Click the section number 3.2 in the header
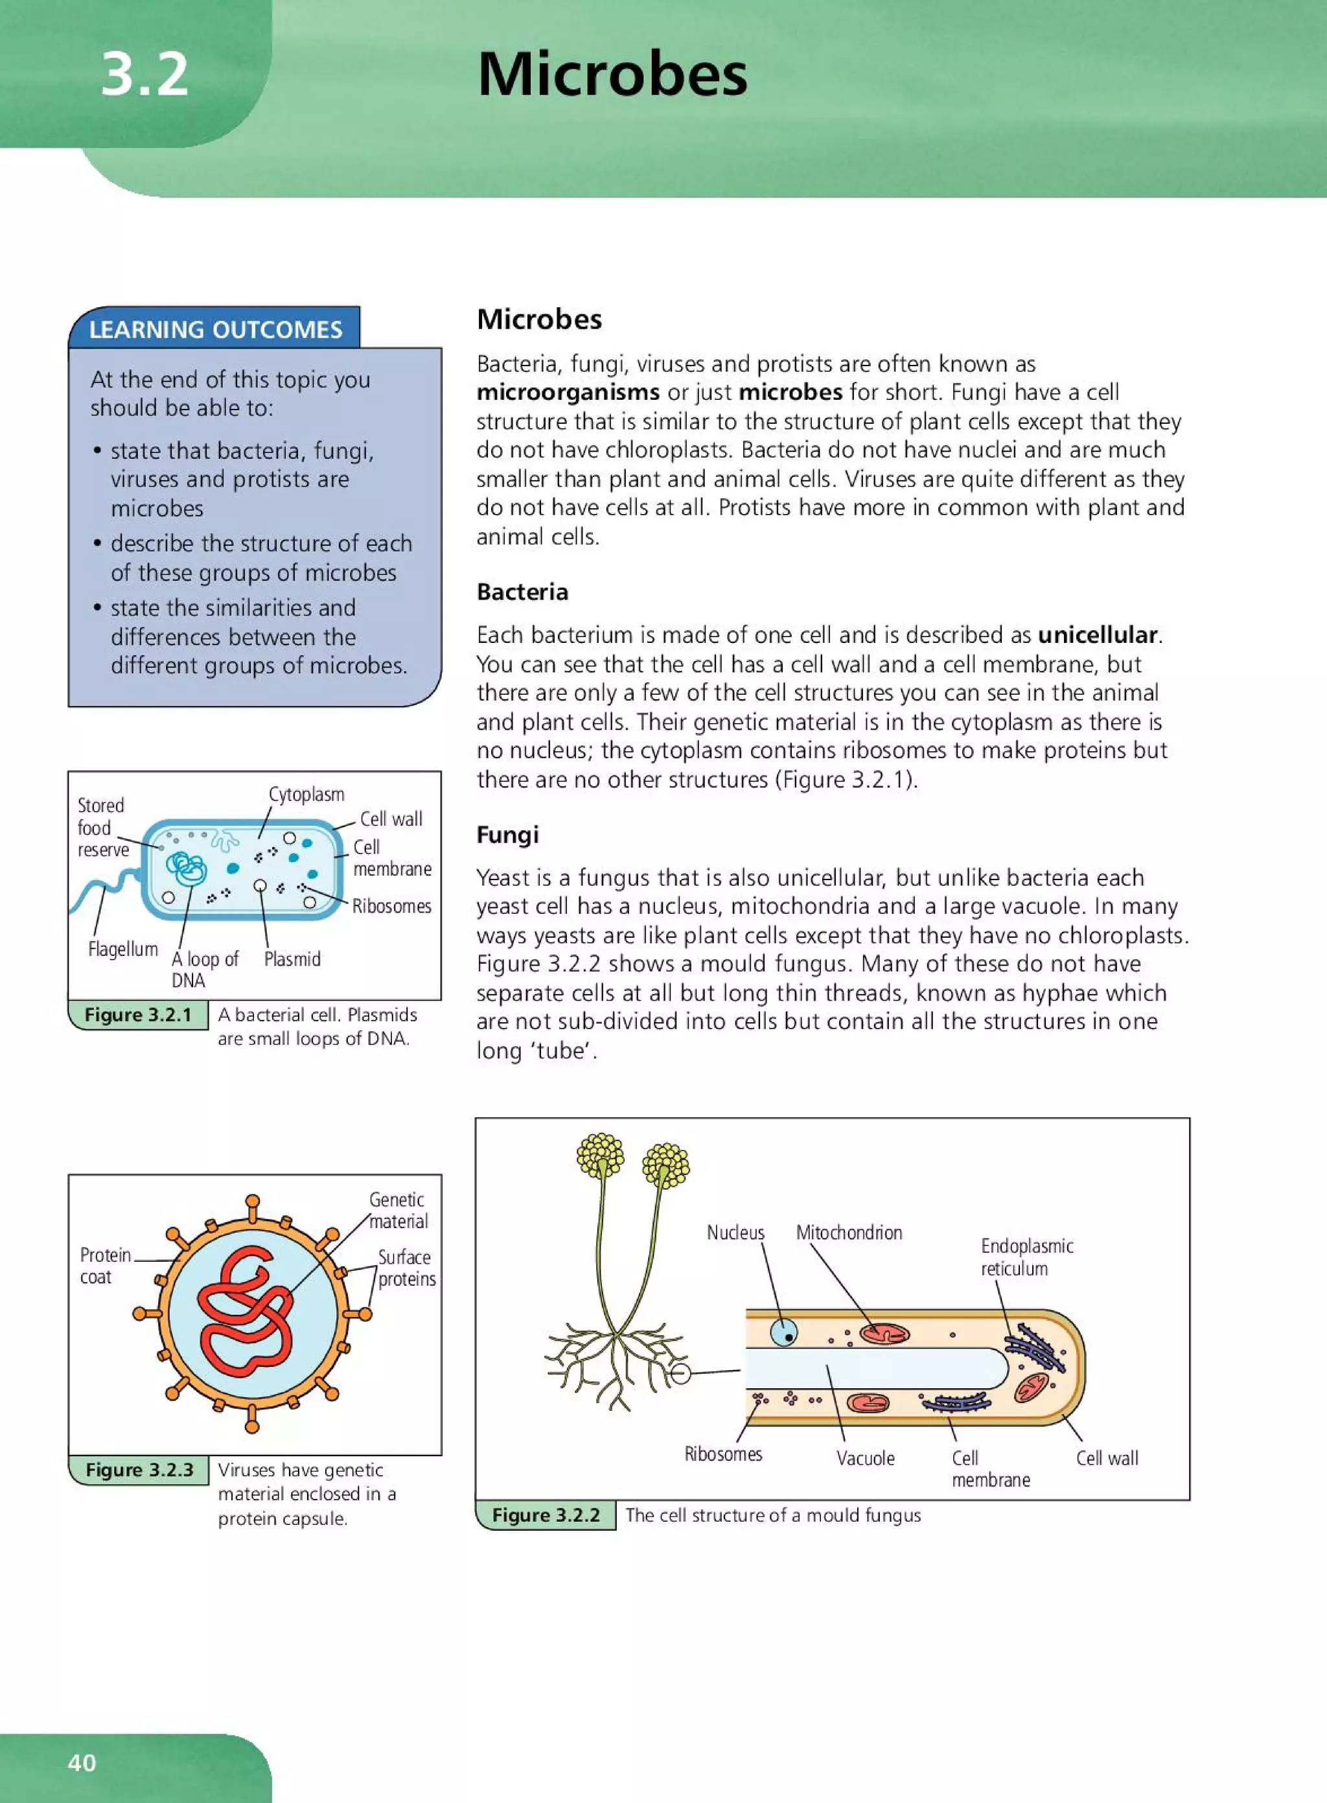click(144, 74)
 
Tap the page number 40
click(82, 1762)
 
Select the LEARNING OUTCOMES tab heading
click(215, 329)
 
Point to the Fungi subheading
click(507, 834)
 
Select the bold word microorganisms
click(567, 392)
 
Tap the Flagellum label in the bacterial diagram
click(123, 949)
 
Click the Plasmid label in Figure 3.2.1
click(292, 959)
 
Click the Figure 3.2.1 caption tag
click(138, 1015)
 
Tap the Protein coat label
click(105, 1266)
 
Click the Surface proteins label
click(406, 1268)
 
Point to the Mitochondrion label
click(848, 1233)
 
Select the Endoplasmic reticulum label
click(1026, 1257)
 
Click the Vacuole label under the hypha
click(865, 1458)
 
